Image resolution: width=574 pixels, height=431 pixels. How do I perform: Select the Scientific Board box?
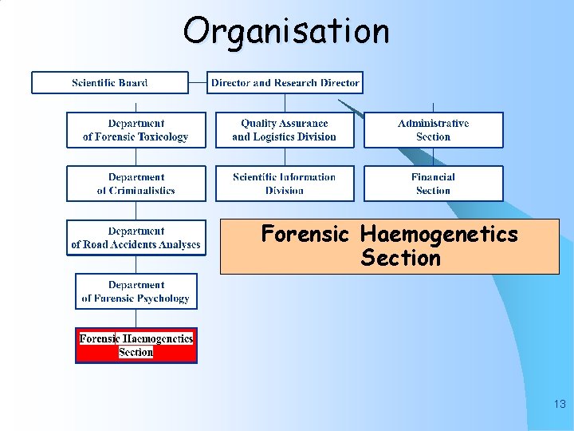click(110, 83)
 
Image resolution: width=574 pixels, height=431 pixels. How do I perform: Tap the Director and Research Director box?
click(285, 83)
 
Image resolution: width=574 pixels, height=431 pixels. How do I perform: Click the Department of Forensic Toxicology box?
click(136, 130)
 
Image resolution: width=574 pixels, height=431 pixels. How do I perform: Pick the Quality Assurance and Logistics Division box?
click(285, 130)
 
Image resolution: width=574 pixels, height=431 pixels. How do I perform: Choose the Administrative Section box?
click(433, 130)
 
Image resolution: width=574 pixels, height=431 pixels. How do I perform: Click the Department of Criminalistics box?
click(136, 184)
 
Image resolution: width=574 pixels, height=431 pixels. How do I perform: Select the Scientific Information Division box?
click(285, 184)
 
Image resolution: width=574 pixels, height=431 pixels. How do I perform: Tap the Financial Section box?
click(433, 184)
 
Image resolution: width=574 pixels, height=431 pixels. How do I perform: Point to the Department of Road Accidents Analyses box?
click(136, 238)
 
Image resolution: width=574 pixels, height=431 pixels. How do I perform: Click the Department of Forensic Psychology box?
click(136, 291)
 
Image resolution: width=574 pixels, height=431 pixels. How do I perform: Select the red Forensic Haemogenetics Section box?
click(136, 346)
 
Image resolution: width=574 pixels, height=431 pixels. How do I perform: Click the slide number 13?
click(559, 405)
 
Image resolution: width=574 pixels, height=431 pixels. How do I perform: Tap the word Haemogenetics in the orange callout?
click(438, 235)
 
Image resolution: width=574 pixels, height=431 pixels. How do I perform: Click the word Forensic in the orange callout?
click(305, 235)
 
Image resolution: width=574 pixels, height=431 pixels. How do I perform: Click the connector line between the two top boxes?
click(198, 83)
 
